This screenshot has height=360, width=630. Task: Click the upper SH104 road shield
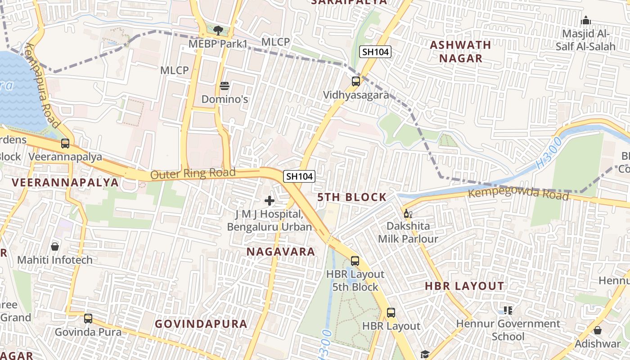[375, 52]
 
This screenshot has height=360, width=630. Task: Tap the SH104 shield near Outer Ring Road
[299, 176]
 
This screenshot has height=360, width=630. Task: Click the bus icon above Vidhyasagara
[355, 81]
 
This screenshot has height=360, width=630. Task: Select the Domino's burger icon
[225, 85]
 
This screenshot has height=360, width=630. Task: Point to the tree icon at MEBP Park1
[218, 31]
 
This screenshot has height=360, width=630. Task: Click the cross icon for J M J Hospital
[270, 200]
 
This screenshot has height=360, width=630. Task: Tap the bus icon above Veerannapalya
[65, 144]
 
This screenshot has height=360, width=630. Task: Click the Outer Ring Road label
[193, 174]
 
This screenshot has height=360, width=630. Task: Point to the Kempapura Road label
[43, 85]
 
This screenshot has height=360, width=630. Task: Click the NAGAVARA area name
[281, 252]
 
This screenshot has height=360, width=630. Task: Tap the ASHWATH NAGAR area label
[460, 51]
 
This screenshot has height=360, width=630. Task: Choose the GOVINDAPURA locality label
[201, 324]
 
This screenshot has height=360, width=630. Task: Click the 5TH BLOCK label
[352, 197]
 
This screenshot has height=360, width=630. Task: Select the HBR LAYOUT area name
[464, 286]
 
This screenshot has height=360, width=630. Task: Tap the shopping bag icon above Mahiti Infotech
[55, 247]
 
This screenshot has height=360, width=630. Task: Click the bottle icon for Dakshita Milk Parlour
[408, 213]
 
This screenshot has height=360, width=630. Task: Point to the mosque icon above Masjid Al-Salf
[585, 20]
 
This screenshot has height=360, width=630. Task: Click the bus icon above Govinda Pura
[88, 319]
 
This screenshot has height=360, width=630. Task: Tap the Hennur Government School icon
[508, 310]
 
